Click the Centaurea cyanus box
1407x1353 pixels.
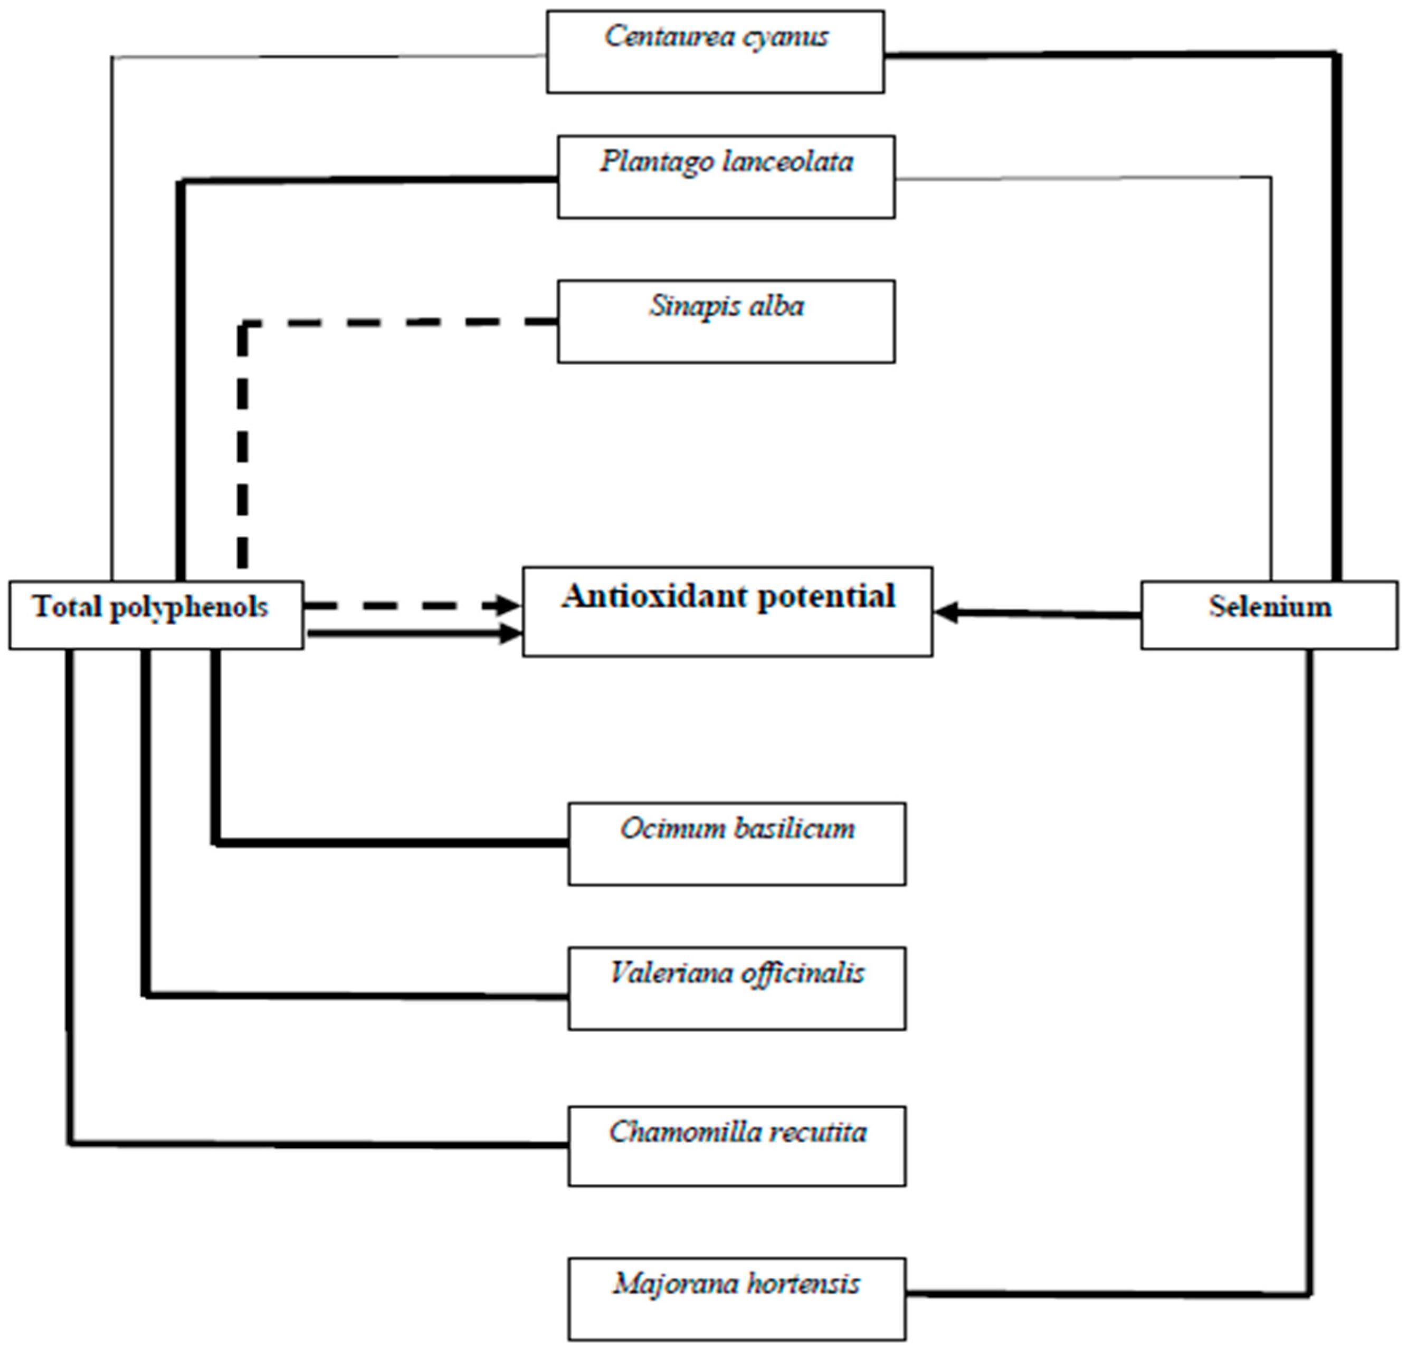(715, 52)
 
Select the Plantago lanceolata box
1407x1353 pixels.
(726, 177)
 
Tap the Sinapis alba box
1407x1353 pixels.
(726, 321)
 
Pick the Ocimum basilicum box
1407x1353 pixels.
(737, 844)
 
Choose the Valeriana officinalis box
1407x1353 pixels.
(737, 988)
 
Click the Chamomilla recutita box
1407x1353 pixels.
(737, 1146)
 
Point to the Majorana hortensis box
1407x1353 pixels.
(737, 1299)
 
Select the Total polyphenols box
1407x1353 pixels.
(156, 615)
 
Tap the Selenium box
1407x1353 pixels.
(1269, 615)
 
